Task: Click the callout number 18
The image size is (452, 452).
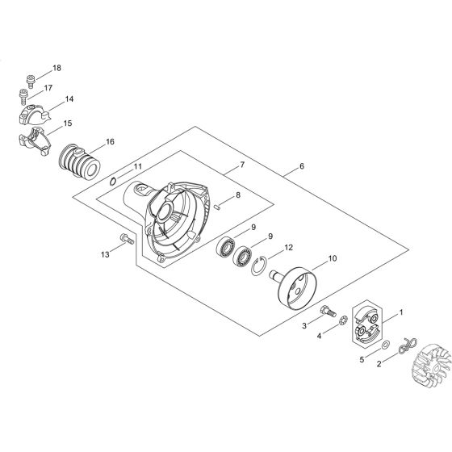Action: click(x=56, y=68)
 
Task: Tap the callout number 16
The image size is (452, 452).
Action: click(x=110, y=141)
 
